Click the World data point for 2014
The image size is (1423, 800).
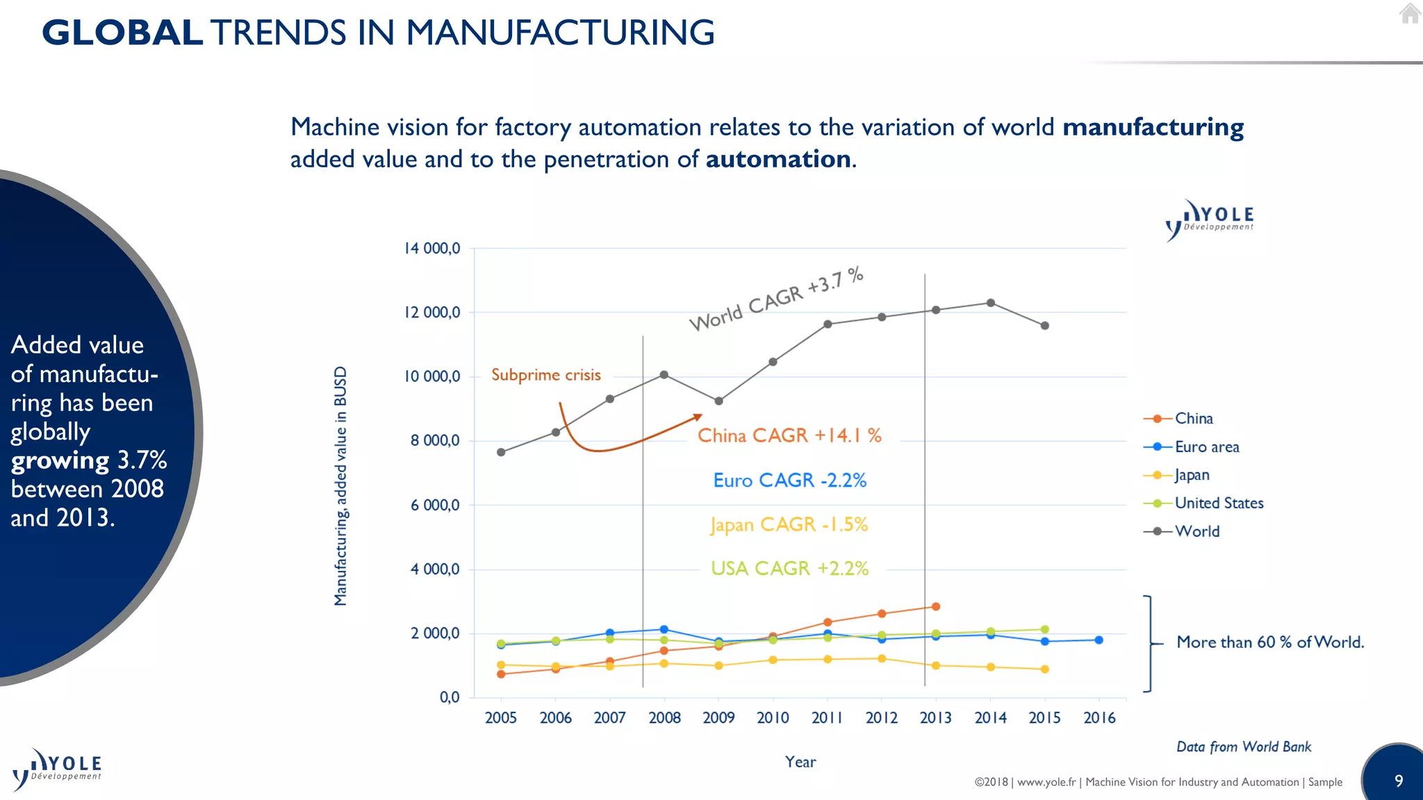click(991, 303)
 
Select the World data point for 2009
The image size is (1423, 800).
click(718, 401)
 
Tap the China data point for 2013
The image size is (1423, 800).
click(936, 607)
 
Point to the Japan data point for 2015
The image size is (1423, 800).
click(1045, 669)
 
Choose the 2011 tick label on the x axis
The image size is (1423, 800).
click(827, 718)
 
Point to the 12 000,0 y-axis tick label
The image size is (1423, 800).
click(432, 312)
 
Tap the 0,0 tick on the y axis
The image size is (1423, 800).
click(450, 697)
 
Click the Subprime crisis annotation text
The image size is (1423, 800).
click(545, 375)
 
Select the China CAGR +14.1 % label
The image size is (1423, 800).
click(789, 435)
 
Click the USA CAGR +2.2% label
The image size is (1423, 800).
click(789, 569)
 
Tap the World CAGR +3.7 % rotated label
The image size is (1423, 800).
click(776, 299)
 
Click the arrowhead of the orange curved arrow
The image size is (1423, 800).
click(698, 417)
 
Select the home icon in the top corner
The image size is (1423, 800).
click(1410, 13)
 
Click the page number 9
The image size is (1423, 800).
click(1399, 781)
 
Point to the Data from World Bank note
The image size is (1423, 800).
click(1243, 747)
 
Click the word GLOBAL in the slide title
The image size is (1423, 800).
click(122, 33)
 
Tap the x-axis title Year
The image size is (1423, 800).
click(800, 762)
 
